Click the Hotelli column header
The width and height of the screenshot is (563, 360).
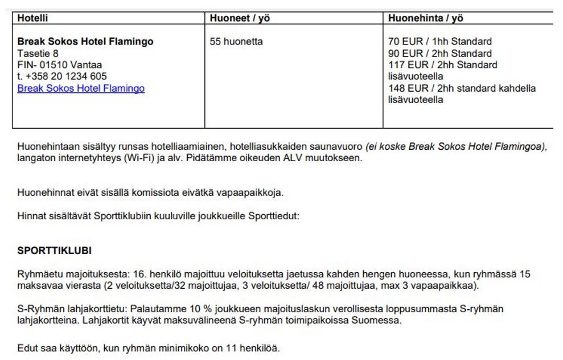32,18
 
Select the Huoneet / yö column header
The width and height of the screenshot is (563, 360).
240,18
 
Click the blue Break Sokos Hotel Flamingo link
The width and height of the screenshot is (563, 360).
81,88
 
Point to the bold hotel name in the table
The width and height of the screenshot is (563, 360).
85,42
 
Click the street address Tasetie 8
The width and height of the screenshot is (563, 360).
38,54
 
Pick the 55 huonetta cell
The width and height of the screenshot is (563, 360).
236,42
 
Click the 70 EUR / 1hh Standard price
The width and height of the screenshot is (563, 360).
439,42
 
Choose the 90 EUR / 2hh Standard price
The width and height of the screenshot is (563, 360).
439,54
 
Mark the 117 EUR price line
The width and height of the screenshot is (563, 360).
442,65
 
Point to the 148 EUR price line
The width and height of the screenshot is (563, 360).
462,88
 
